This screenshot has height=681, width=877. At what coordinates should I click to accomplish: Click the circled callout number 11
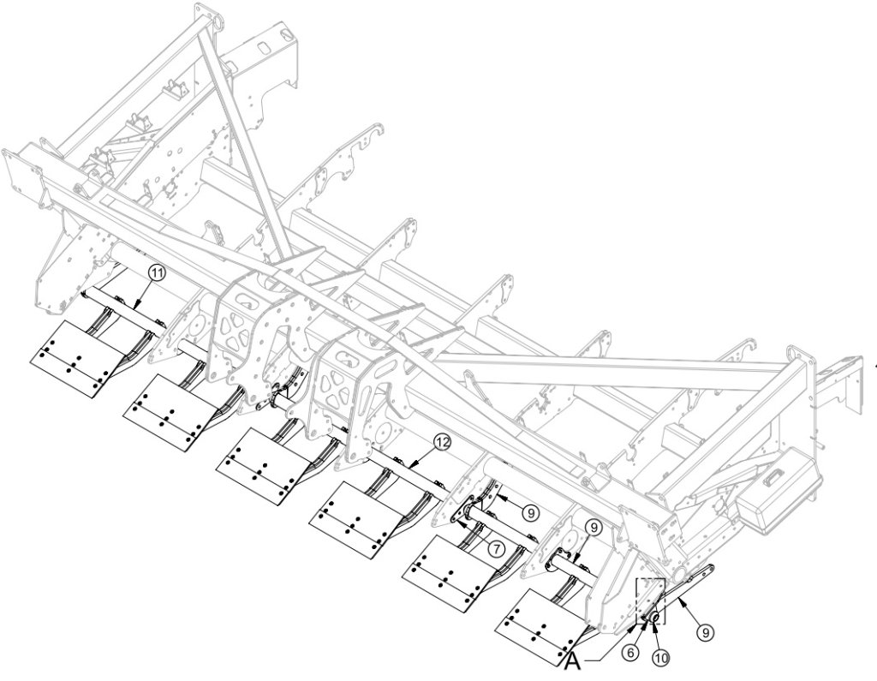coord(158,272)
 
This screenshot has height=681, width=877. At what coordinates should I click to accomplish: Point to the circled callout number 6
coord(630,652)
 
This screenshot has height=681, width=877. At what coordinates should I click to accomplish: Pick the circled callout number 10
coord(660,658)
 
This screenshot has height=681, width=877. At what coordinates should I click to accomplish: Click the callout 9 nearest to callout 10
coord(705,632)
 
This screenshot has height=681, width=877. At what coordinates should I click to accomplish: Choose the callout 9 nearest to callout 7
coord(531,511)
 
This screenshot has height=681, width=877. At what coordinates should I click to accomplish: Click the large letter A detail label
coord(572,661)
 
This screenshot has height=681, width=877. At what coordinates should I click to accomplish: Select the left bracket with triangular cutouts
coord(241,331)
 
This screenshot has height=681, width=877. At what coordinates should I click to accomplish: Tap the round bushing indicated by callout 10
coord(655,618)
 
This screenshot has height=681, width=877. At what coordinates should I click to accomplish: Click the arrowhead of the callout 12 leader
coord(410,466)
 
